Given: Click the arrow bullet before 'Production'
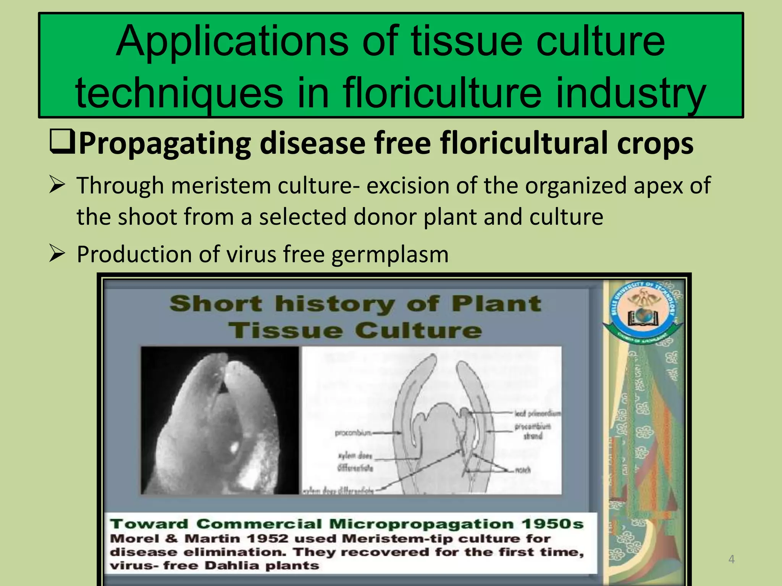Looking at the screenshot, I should pyautogui.click(x=57, y=254).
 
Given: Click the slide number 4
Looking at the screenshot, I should pyautogui.click(x=731, y=559).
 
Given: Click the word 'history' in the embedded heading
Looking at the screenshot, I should pyautogui.click(x=335, y=304).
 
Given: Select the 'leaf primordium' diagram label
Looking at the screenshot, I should pyautogui.click(x=537, y=414).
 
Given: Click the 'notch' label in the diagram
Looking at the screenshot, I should pyautogui.click(x=523, y=470).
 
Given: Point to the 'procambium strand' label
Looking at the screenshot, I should pyautogui.click(x=533, y=431).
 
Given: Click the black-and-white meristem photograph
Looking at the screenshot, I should pyautogui.click(x=220, y=420).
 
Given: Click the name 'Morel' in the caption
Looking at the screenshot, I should pyautogui.click(x=134, y=539).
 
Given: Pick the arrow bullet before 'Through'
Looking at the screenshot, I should pyautogui.click(x=57, y=186).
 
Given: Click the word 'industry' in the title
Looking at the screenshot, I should pyautogui.click(x=630, y=93).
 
